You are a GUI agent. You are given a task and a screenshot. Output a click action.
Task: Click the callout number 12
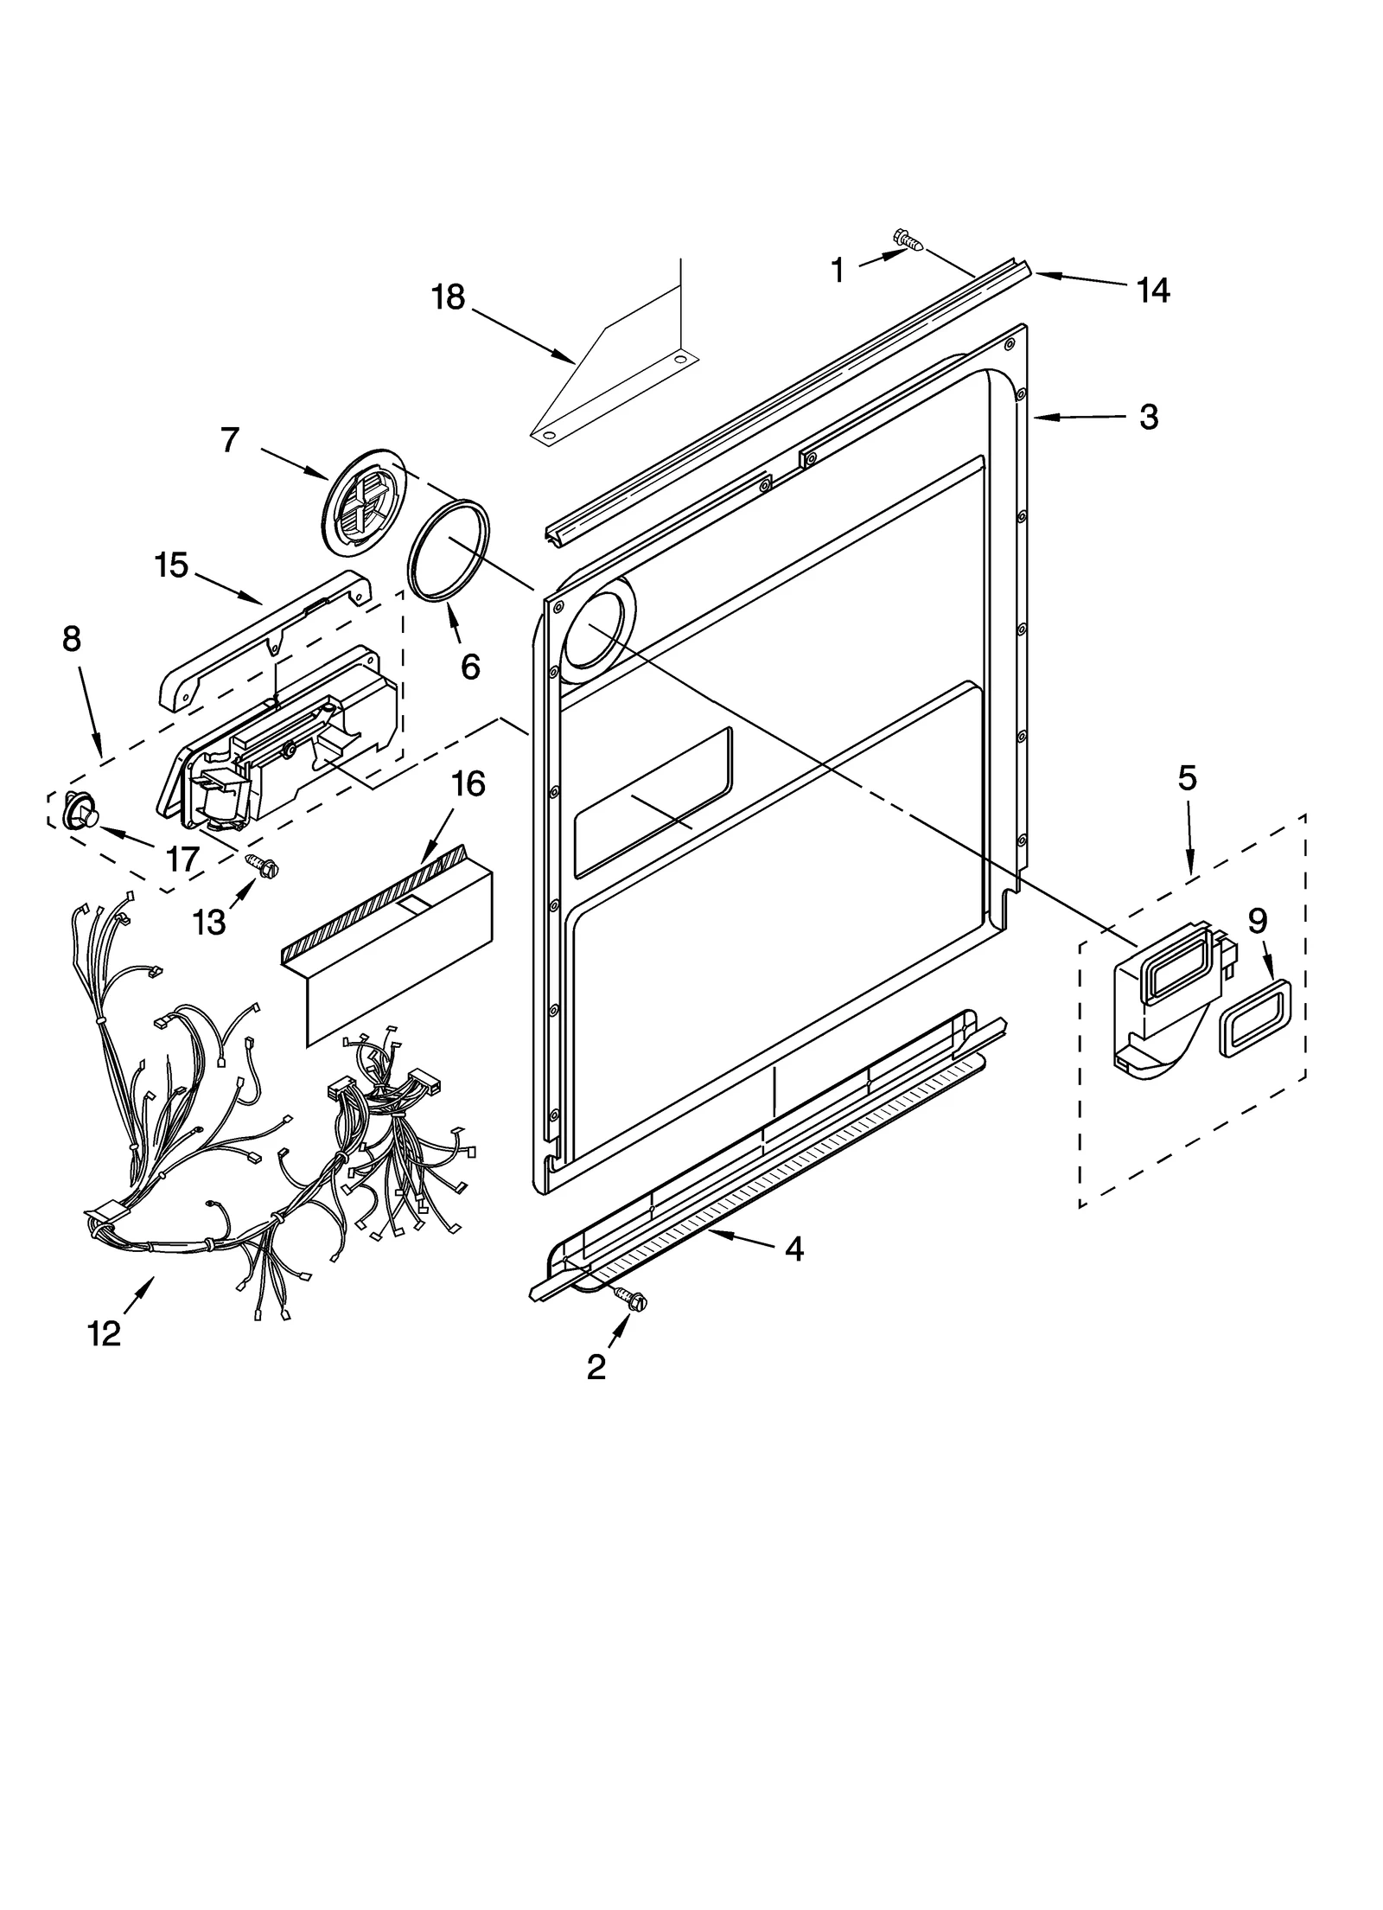pyautogui.click(x=104, y=1334)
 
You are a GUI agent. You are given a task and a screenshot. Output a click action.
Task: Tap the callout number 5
pyautogui.click(x=1187, y=778)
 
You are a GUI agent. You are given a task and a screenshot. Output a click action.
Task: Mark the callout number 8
pyautogui.click(x=72, y=639)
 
